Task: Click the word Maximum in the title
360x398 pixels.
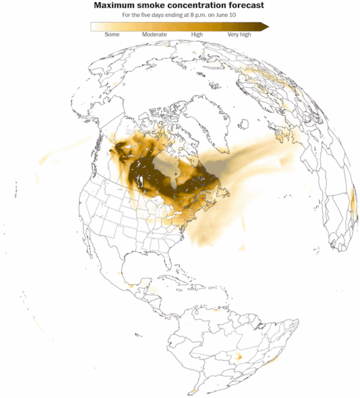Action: [x=113, y=5]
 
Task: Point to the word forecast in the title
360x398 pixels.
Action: [x=245, y=5]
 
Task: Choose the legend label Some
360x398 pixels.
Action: [x=112, y=35]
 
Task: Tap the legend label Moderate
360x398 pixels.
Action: [x=154, y=35]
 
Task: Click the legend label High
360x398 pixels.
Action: [x=197, y=35]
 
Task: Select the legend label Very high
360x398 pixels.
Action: [x=239, y=35]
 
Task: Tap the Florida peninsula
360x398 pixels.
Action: [x=179, y=260]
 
